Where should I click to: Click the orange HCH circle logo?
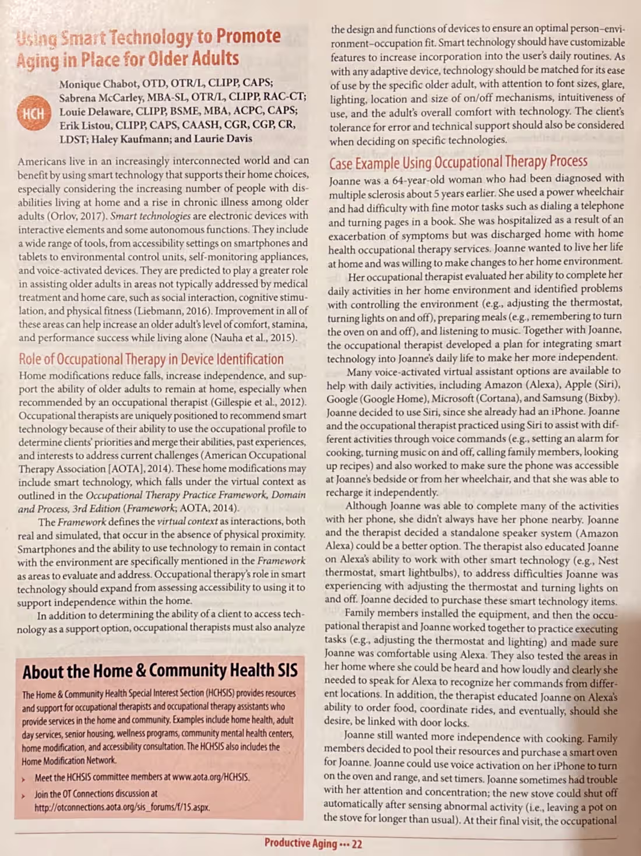pyautogui.click(x=34, y=113)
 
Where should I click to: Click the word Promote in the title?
pyautogui.click(x=248, y=36)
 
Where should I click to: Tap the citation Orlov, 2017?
pyautogui.click(x=79, y=216)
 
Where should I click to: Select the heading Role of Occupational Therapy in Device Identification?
pyautogui.click(x=151, y=359)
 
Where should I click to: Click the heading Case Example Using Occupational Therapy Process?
pyautogui.click(x=458, y=161)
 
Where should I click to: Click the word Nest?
pyautogui.click(x=608, y=561)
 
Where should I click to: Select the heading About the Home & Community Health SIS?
pyautogui.click(x=160, y=671)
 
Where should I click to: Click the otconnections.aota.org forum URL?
pyautogui.click(x=122, y=808)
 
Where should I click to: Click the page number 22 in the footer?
pyautogui.click(x=357, y=844)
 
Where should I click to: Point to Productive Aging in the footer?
pyautogui.click(x=300, y=843)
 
